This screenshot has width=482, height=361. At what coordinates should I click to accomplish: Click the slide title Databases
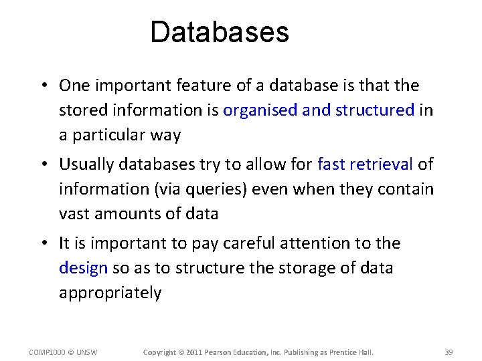219,32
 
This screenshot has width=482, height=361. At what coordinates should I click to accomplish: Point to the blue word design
83,269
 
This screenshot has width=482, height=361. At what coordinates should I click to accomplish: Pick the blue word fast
331,164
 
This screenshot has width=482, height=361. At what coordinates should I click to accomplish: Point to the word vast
74,214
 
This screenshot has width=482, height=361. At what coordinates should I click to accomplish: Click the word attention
307,243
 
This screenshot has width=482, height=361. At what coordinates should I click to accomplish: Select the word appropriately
110,293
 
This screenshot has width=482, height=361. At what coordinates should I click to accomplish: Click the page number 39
449,352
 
